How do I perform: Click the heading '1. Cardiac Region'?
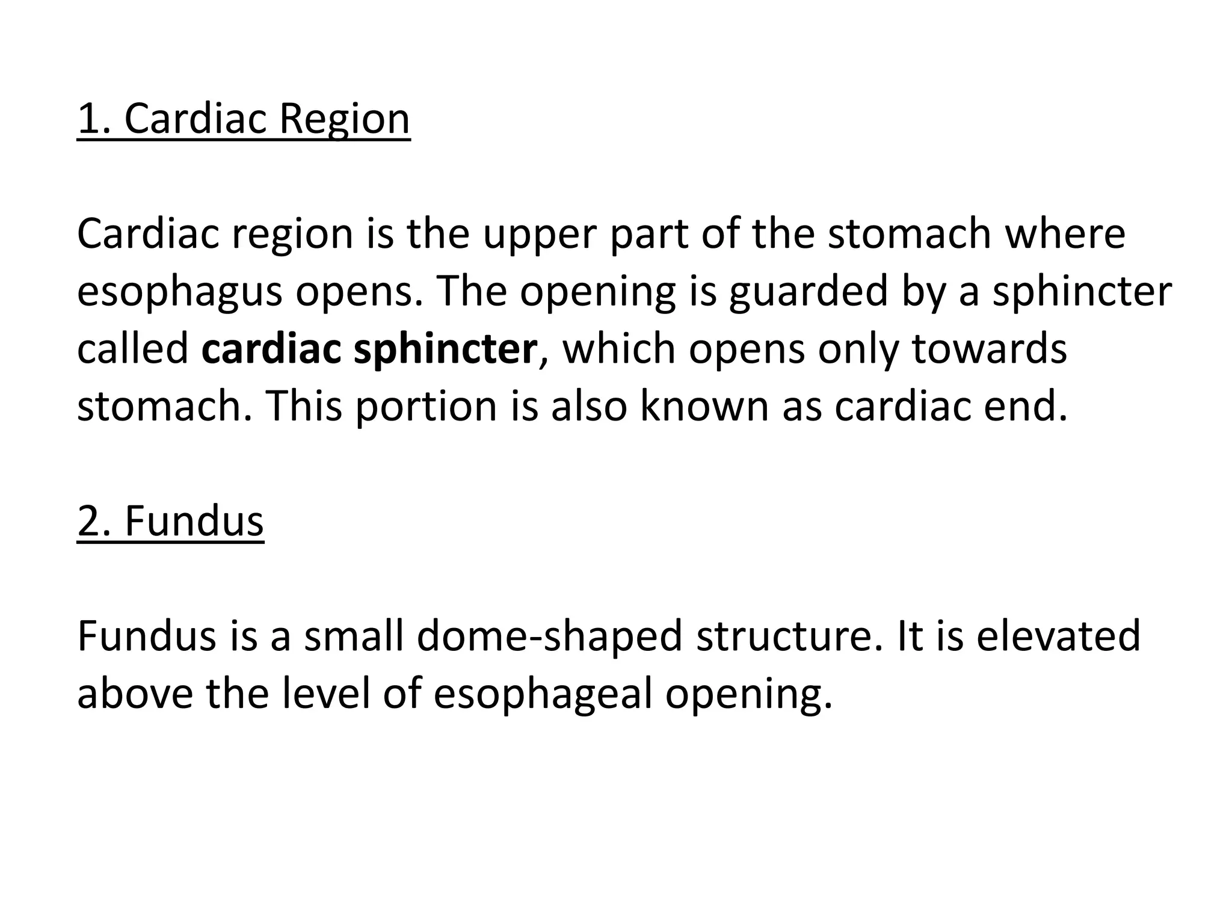pyautogui.click(x=244, y=119)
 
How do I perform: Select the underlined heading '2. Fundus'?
pyautogui.click(x=170, y=521)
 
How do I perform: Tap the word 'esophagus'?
pyautogui.click(x=180, y=292)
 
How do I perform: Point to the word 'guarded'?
pyautogui.click(x=808, y=292)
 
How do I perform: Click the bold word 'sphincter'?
pyautogui.click(x=445, y=350)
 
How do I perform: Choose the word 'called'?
pyautogui.click(x=133, y=350)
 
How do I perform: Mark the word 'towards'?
pyautogui.click(x=989, y=350)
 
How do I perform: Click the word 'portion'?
pyautogui.click(x=425, y=407)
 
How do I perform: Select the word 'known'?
pyautogui.click(x=704, y=407)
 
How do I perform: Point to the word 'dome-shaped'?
pyautogui.click(x=549, y=636)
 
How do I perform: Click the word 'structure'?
pyautogui.click(x=788, y=636)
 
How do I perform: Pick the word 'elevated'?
pyautogui.click(x=1058, y=636)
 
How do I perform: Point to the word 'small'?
pyautogui.click(x=353, y=636)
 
